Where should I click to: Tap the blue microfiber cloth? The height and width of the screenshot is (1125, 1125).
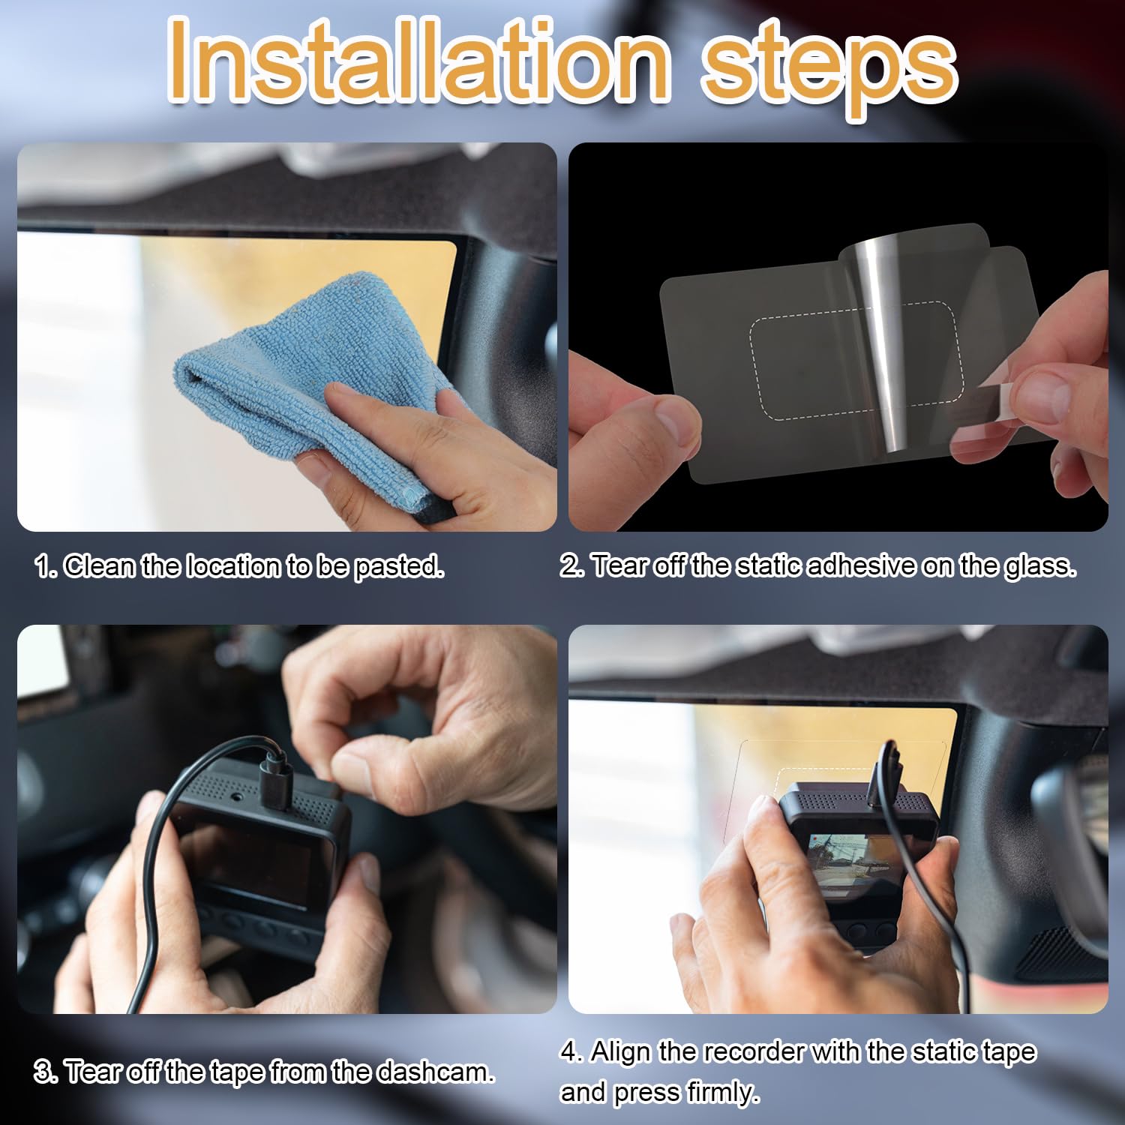315,375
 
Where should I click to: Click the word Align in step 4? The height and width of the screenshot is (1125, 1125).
621,1051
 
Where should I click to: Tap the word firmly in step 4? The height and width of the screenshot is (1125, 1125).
721,1092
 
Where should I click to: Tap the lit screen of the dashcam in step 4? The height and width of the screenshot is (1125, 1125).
846,862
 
